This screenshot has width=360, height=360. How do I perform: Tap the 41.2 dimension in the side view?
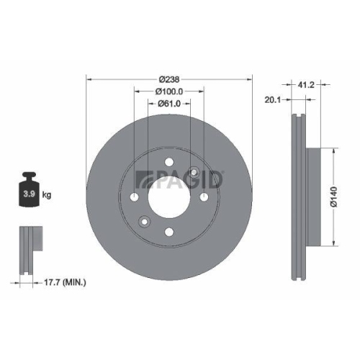coord(306,84)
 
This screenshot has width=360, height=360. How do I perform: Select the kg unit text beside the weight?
coord(46,195)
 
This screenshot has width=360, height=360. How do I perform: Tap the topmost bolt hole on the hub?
coord(168,163)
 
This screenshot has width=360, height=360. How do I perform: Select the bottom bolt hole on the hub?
coord(168,232)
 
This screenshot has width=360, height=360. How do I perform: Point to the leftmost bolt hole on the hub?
coord(135,197)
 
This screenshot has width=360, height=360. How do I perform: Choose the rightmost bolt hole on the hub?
coord(203,197)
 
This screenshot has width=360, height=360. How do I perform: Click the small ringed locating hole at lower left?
coord(145,221)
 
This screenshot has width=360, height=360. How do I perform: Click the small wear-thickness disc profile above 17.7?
coord(28,248)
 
